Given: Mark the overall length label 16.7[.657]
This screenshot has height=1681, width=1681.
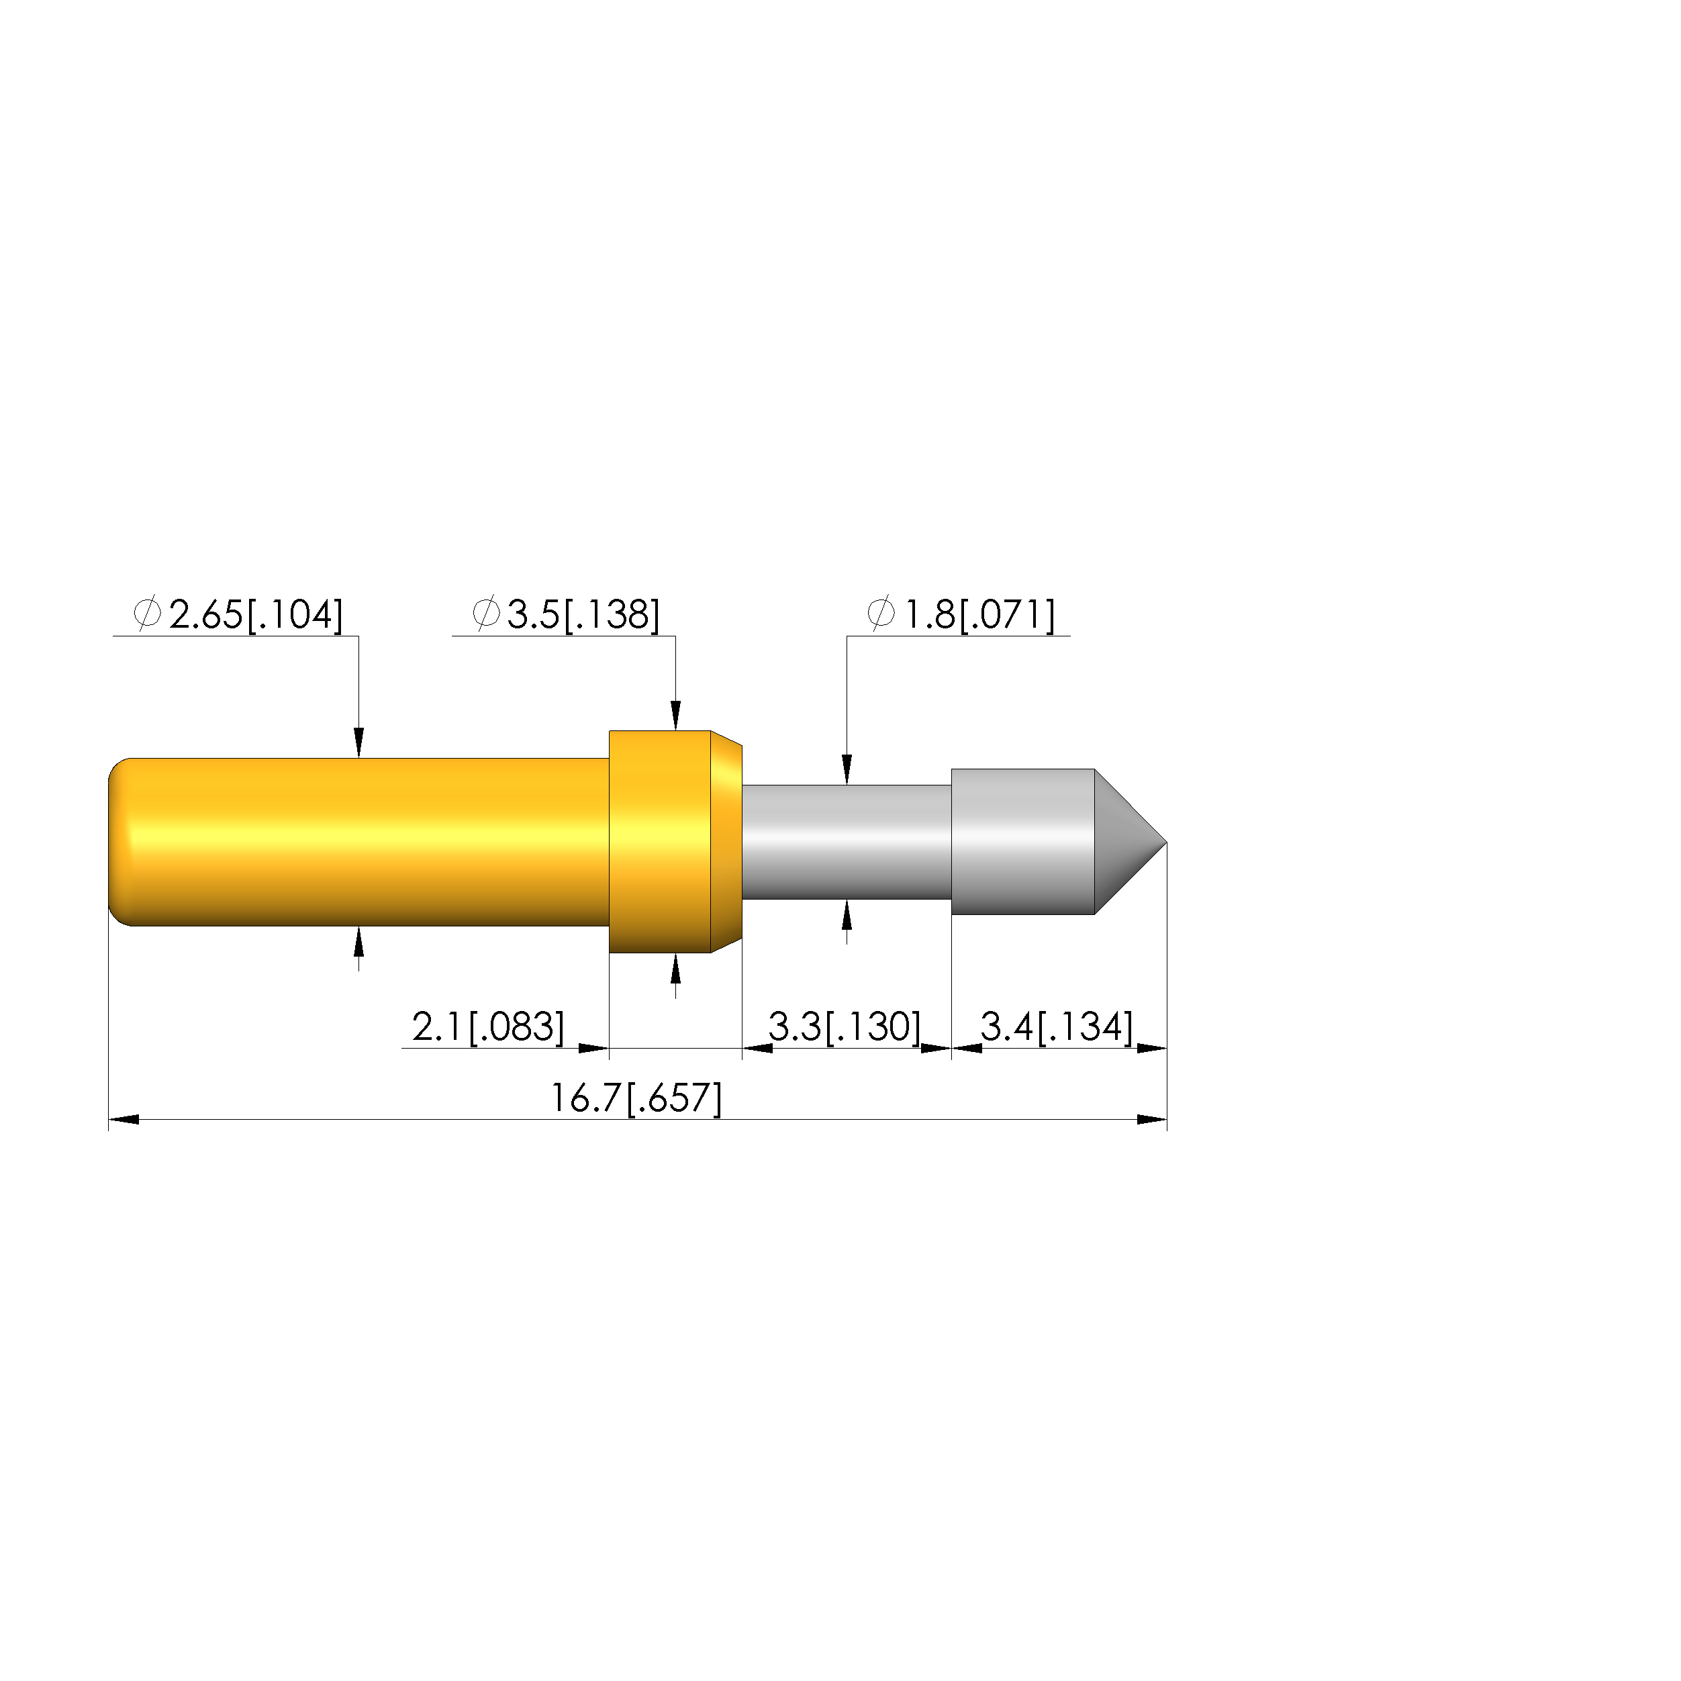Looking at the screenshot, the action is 636,1098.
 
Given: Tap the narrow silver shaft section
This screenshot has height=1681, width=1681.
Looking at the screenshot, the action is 847,843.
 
